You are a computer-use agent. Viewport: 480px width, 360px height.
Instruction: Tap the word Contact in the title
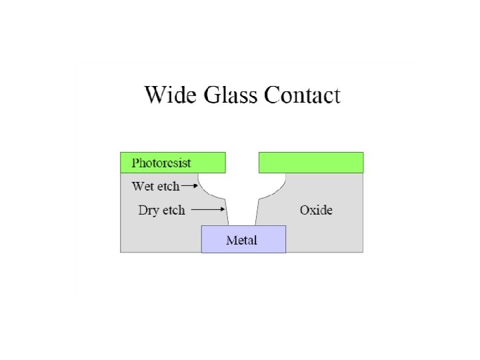302,95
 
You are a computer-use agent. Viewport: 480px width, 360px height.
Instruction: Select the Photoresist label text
161,163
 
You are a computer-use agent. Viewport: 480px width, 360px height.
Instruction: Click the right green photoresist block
311,162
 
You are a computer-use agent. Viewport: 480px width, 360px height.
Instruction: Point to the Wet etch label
156,186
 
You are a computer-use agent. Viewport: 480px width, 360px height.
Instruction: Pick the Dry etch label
161,210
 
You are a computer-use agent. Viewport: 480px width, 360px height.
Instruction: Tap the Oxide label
316,210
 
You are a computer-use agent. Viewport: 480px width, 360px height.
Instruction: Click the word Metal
241,240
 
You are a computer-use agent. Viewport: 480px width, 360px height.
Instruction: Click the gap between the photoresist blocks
242,162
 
